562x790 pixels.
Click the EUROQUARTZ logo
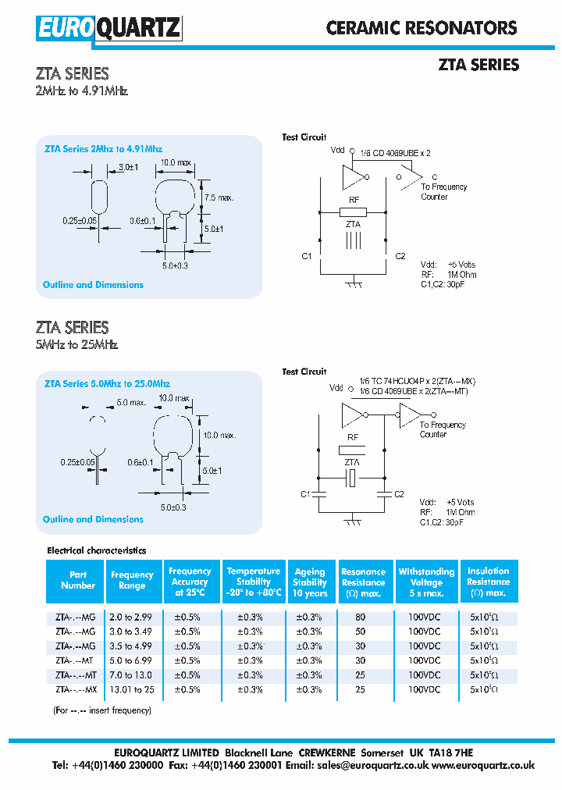[x=108, y=28]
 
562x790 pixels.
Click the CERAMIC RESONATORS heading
[x=421, y=28]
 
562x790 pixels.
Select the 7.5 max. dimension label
[x=219, y=198]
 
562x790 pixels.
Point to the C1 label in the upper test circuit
[x=307, y=256]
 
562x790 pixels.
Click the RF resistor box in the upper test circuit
[x=353, y=212]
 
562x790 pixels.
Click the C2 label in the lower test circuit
[x=400, y=494]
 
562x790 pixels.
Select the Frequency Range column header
[x=133, y=580]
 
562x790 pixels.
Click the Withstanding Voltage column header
[x=426, y=582]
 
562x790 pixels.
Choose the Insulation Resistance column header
[x=488, y=582]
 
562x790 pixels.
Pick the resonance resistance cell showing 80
[x=360, y=617]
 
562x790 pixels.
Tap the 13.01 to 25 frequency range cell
[x=133, y=690]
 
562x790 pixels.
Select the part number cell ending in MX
[x=76, y=690]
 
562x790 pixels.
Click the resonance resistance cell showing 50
[x=360, y=632]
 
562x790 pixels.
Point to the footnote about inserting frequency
[x=102, y=710]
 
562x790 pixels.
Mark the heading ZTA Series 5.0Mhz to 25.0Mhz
[x=107, y=384]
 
